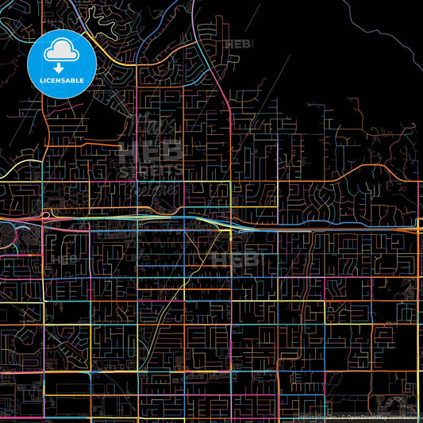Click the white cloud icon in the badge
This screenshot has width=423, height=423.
pyautogui.click(x=61, y=52)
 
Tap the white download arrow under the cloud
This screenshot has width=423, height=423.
pyautogui.click(x=61, y=67)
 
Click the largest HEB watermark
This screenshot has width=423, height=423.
pyautogui.click(x=150, y=152)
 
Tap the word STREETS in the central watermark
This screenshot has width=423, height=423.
pyautogui.click(x=150, y=171)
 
